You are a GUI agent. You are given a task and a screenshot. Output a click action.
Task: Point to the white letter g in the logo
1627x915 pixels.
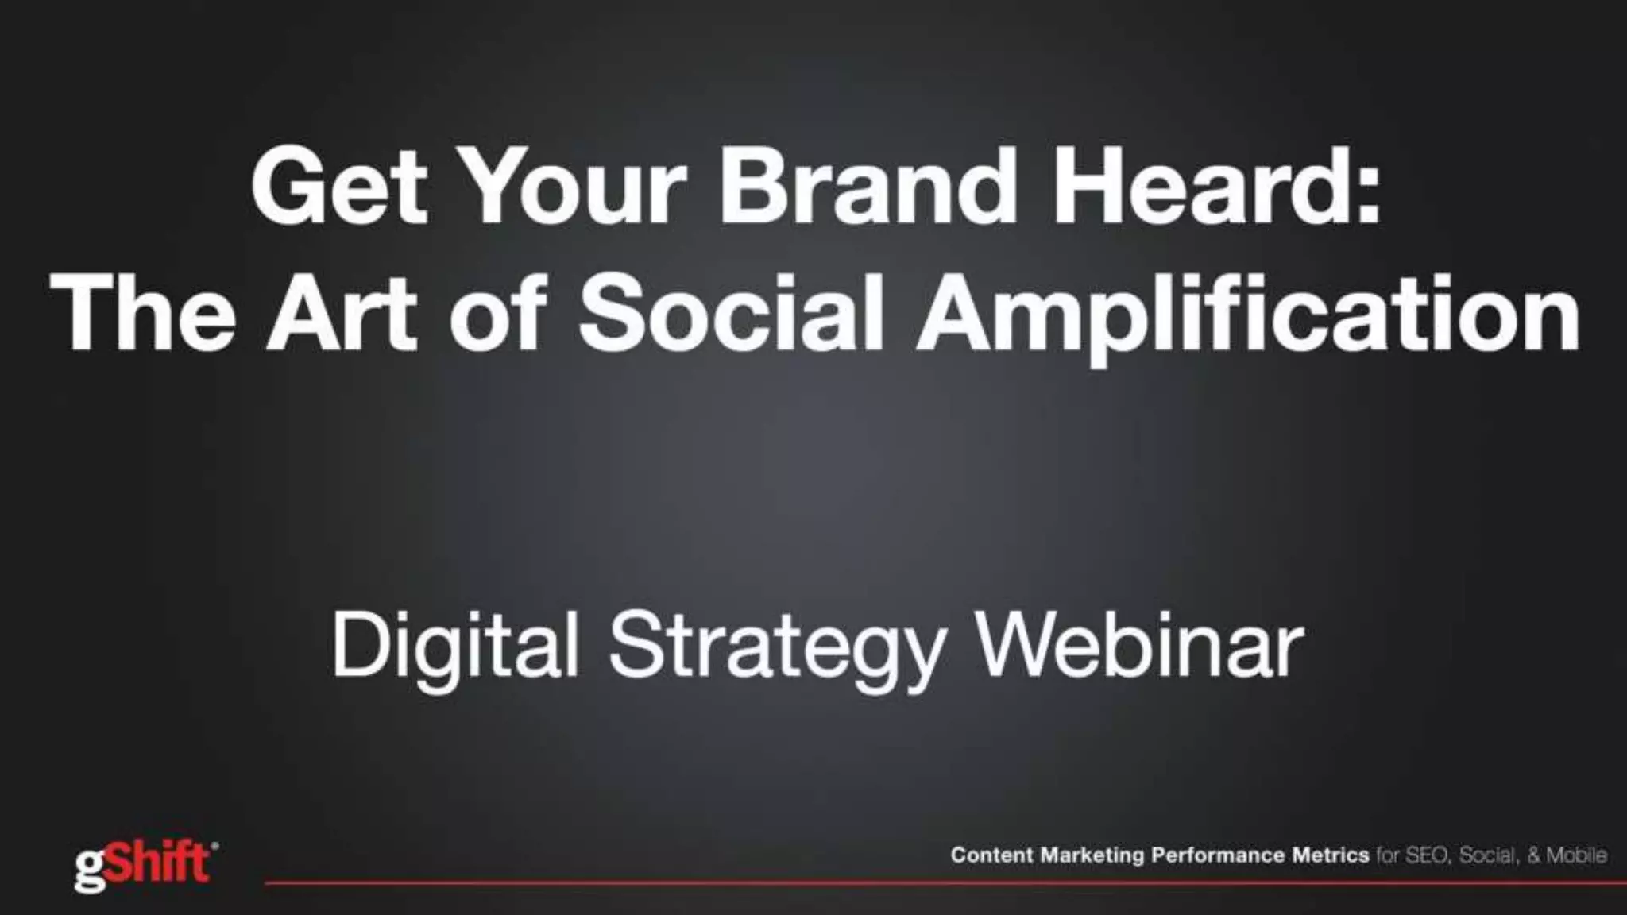(x=88, y=871)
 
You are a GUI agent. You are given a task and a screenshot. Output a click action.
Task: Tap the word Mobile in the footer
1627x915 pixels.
(x=1576, y=855)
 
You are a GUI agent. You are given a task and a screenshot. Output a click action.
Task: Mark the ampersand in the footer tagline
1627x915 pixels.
(x=1533, y=855)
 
